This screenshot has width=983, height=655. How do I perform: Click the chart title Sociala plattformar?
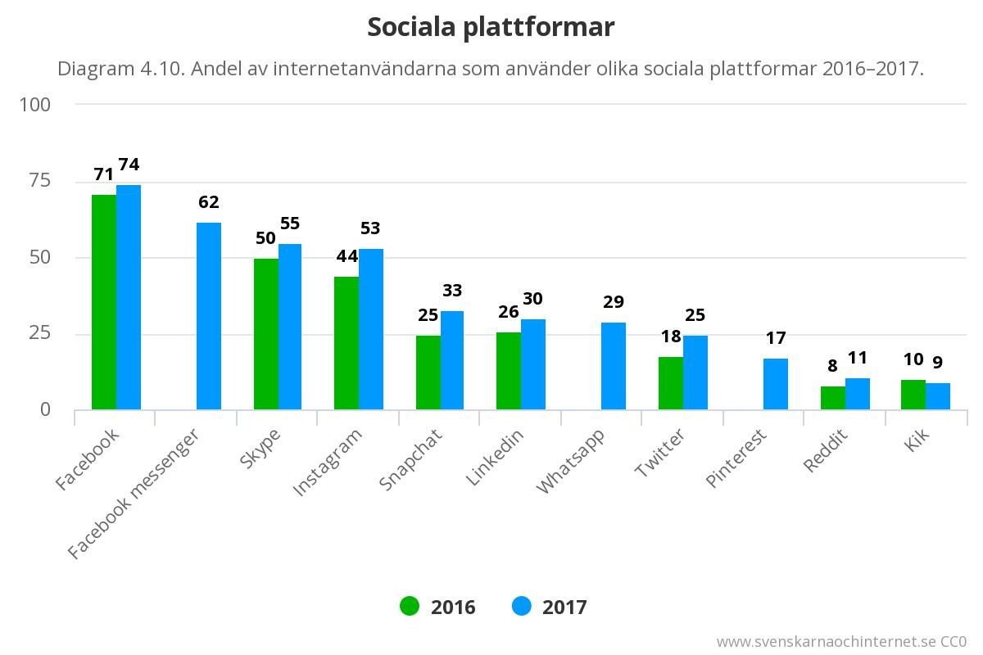coord(491,27)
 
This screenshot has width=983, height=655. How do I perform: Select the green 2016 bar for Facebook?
coord(104,303)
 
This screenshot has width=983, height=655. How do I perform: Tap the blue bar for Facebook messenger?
coord(209,316)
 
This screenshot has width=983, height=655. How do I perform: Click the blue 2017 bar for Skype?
coord(291,327)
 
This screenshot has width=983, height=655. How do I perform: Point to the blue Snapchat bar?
coord(453,360)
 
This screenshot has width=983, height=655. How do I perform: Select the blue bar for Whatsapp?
coord(614,366)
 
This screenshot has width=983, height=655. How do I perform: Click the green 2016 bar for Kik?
coord(913,395)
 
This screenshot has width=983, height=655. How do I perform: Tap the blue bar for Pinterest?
coord(776,384)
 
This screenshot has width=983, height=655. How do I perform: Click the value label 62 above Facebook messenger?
coord(209,202)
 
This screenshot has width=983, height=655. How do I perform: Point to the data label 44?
coord(347,256)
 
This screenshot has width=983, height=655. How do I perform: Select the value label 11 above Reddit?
coord(858,358)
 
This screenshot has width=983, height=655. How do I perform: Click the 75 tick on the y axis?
coord(39,181)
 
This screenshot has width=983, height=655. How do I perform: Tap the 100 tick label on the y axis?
coord(35,105)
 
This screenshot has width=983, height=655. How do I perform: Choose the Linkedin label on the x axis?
coord(495,458)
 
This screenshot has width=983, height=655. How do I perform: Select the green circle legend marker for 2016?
coord(410,607)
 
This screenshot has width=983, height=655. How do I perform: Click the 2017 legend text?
coord(564,608)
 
